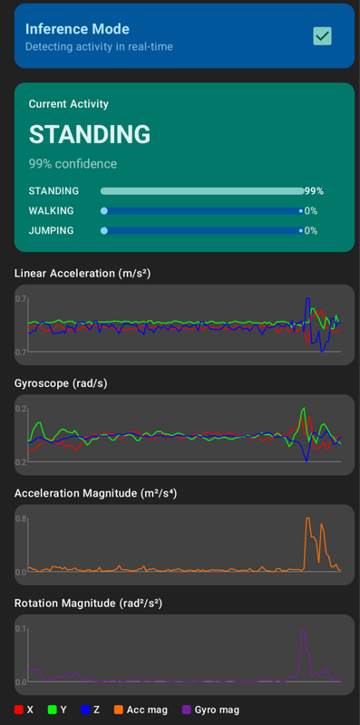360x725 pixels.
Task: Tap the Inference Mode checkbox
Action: [x=322, y=35]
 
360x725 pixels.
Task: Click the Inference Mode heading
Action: [x=77, y=29]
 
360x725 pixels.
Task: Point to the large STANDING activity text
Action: [x=90, y=134]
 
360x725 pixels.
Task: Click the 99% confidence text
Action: [x=73, y=164]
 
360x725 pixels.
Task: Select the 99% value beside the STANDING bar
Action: [x=314, y=191]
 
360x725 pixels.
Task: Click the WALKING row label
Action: [x=53, y=210]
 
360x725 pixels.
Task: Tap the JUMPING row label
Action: [x=53, y=230]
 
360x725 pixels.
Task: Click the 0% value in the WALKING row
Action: [x=310, y=210]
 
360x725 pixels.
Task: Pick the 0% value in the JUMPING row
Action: [x=310, y=230]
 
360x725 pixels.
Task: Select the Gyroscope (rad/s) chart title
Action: [x=62, y=382]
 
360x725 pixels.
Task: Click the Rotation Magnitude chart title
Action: [x=87, y=602]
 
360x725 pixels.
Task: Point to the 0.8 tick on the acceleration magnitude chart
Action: [x=20, y=518]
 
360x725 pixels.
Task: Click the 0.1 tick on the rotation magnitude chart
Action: [x=20, y=628]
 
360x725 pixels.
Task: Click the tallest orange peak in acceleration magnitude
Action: [x=308, y=519]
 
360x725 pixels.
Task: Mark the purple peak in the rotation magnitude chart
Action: [x=304, y=628]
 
